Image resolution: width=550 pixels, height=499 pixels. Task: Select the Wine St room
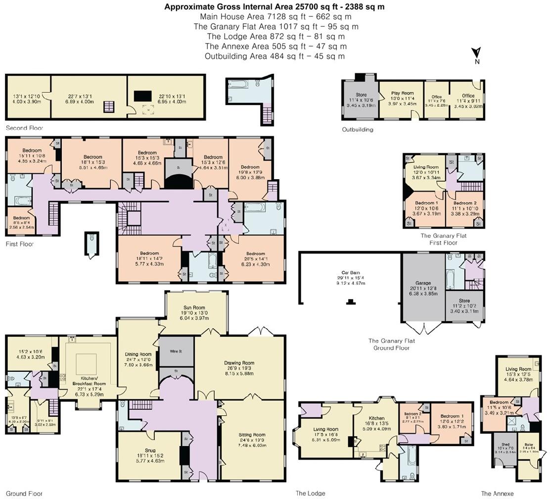175,351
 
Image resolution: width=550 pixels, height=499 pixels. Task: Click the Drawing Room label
239,366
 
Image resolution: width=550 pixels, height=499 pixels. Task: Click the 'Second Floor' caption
24,128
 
